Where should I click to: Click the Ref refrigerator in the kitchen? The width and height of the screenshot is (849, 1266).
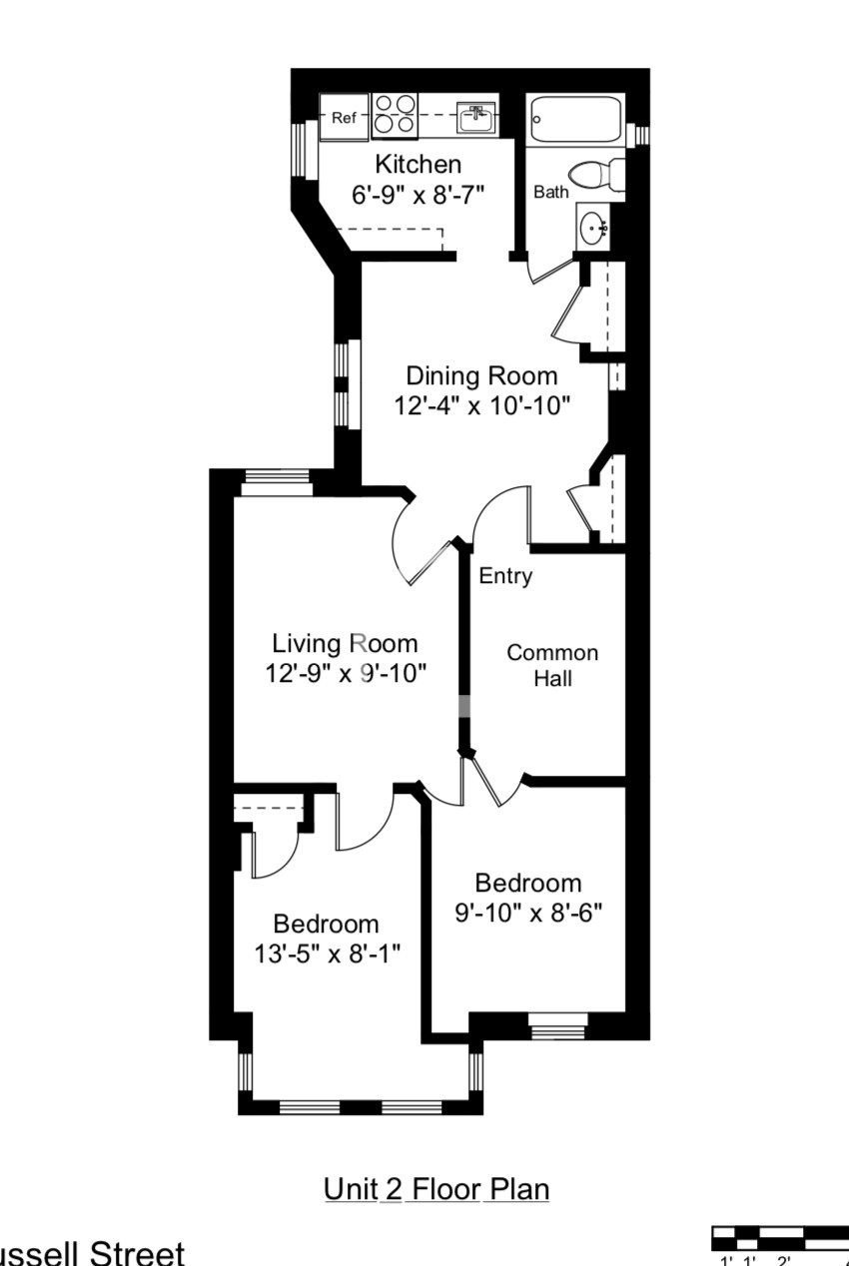(344, 118)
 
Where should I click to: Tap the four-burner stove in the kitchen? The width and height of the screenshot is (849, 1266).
(395, 115)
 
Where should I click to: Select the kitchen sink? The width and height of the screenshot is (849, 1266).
(476, 119)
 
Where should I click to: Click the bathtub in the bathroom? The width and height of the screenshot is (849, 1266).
(575, 121)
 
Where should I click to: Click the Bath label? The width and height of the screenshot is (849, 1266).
(550, 192)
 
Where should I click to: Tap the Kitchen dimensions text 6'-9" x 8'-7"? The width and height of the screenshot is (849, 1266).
(418, 194)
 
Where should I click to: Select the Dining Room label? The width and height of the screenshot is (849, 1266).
(481, 376)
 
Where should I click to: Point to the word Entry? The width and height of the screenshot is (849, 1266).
(505, 576)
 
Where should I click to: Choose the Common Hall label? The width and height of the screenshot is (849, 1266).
(552, 665)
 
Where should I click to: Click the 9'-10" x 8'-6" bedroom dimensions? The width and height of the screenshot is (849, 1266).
(528, 913)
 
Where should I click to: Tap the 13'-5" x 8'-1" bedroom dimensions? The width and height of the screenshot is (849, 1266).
(327, 952)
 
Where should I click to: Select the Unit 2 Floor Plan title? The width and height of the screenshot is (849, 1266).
(436, 1189)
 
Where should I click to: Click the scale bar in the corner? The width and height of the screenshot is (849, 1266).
(779, 1239)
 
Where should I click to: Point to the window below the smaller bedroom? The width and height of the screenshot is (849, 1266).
(557, 1025)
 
